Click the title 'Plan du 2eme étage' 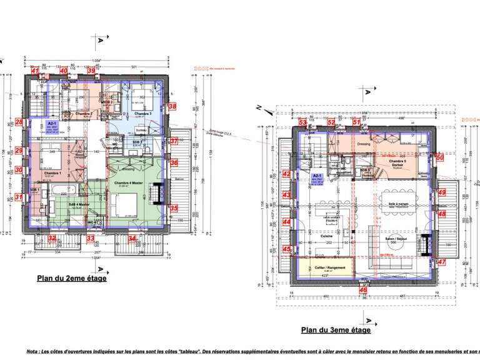[x=71, y=278]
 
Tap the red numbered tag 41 [x=35, y=71]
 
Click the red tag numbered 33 [x=91, y=238]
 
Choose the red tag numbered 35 [x=174, y=208]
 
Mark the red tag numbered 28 [x=19, y=122]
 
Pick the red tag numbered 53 [x=302, y=122]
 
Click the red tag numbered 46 [x=363, y=289]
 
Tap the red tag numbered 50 [x=440, y=158]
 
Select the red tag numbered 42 [x=286, y=174]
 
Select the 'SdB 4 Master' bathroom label [x=79, y=204]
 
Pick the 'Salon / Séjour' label [x=393, y=239]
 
